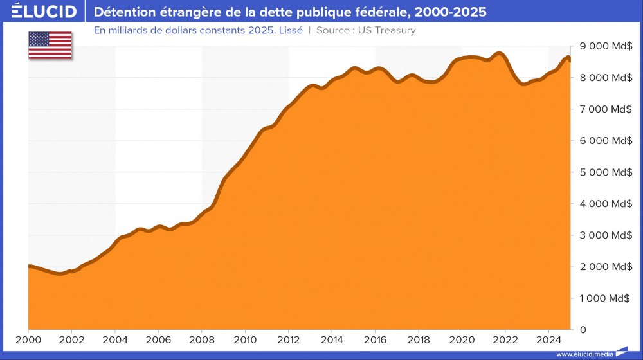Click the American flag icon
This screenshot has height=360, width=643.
pos(50,45)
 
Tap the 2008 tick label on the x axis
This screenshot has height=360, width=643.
pos(201,340)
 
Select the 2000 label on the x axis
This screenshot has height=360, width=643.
pos(28,340)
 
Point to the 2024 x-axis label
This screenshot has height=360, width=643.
pos(548,340)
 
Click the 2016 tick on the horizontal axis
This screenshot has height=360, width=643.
pos(375,340)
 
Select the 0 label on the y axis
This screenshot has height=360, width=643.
pos(583,330)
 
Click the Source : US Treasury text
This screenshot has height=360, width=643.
pos(366,30)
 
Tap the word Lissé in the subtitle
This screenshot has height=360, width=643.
pos(289,30)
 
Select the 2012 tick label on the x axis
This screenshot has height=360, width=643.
pos(288,340)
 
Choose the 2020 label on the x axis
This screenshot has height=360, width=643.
pos(462,340)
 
